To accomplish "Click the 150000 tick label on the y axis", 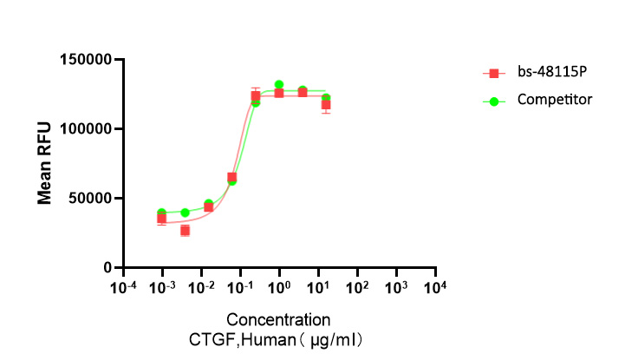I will (x=86, y=60).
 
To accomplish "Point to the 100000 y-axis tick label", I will (x=86, y=128).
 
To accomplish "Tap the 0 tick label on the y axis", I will (x=109, y=267).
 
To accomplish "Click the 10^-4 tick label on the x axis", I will (x=124, y=285).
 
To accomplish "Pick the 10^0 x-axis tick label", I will (x=279, y=285).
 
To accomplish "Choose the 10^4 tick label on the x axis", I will (x=435, y=285).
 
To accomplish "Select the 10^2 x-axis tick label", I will (x=357, y=285).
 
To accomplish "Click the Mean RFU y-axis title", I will (x=44, y=163).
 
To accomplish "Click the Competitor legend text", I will (x=555, y=100).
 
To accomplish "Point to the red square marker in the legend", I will (x=494, y=75).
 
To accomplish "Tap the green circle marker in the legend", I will (x=494, y=101).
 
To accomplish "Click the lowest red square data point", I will (x=185, y=231).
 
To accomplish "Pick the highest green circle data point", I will (x=279, y=85).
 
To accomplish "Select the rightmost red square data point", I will (x=326, y=105).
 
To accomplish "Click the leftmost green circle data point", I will (x=162, y=213).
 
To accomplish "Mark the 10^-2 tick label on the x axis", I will (x=201, y=285).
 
